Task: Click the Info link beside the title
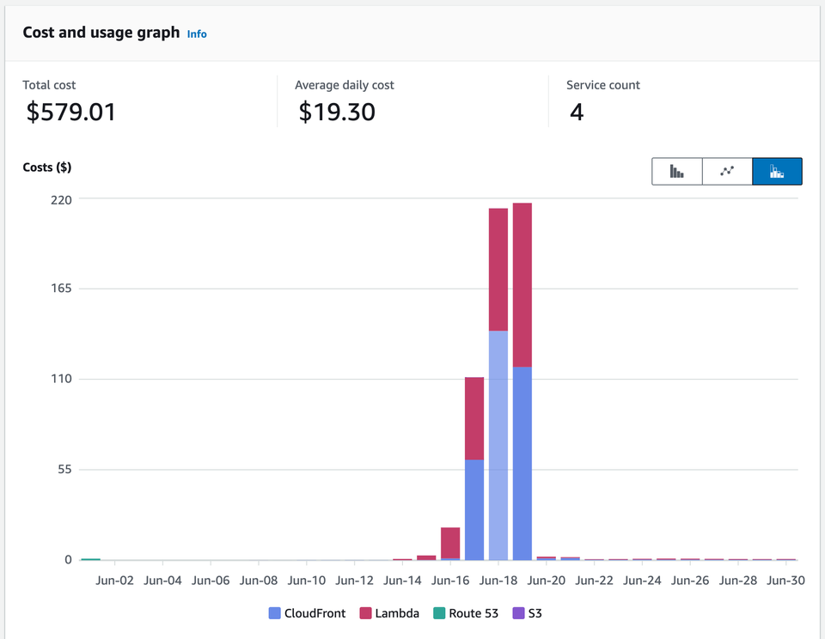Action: click(197, 33)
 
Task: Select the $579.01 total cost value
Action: click(70, 112)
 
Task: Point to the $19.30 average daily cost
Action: click(336, 112)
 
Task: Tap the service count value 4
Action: click(577, 112)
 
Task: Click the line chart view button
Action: click(727, 171)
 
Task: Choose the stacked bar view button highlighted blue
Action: click(777, 171)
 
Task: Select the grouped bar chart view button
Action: click(677, 171)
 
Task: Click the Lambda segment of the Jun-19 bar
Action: click(522, 284)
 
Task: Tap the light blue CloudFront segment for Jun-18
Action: click(498, 444)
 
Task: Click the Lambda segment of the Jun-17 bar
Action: click(474, 418)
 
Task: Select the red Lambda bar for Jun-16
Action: click(450, 542)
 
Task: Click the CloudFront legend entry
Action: click(307, 613)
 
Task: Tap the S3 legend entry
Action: click(528, 613)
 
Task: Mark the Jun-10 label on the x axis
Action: click(307, 581)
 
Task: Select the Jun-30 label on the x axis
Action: click(785, 581)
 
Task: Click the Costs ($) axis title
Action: click(47, 167)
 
